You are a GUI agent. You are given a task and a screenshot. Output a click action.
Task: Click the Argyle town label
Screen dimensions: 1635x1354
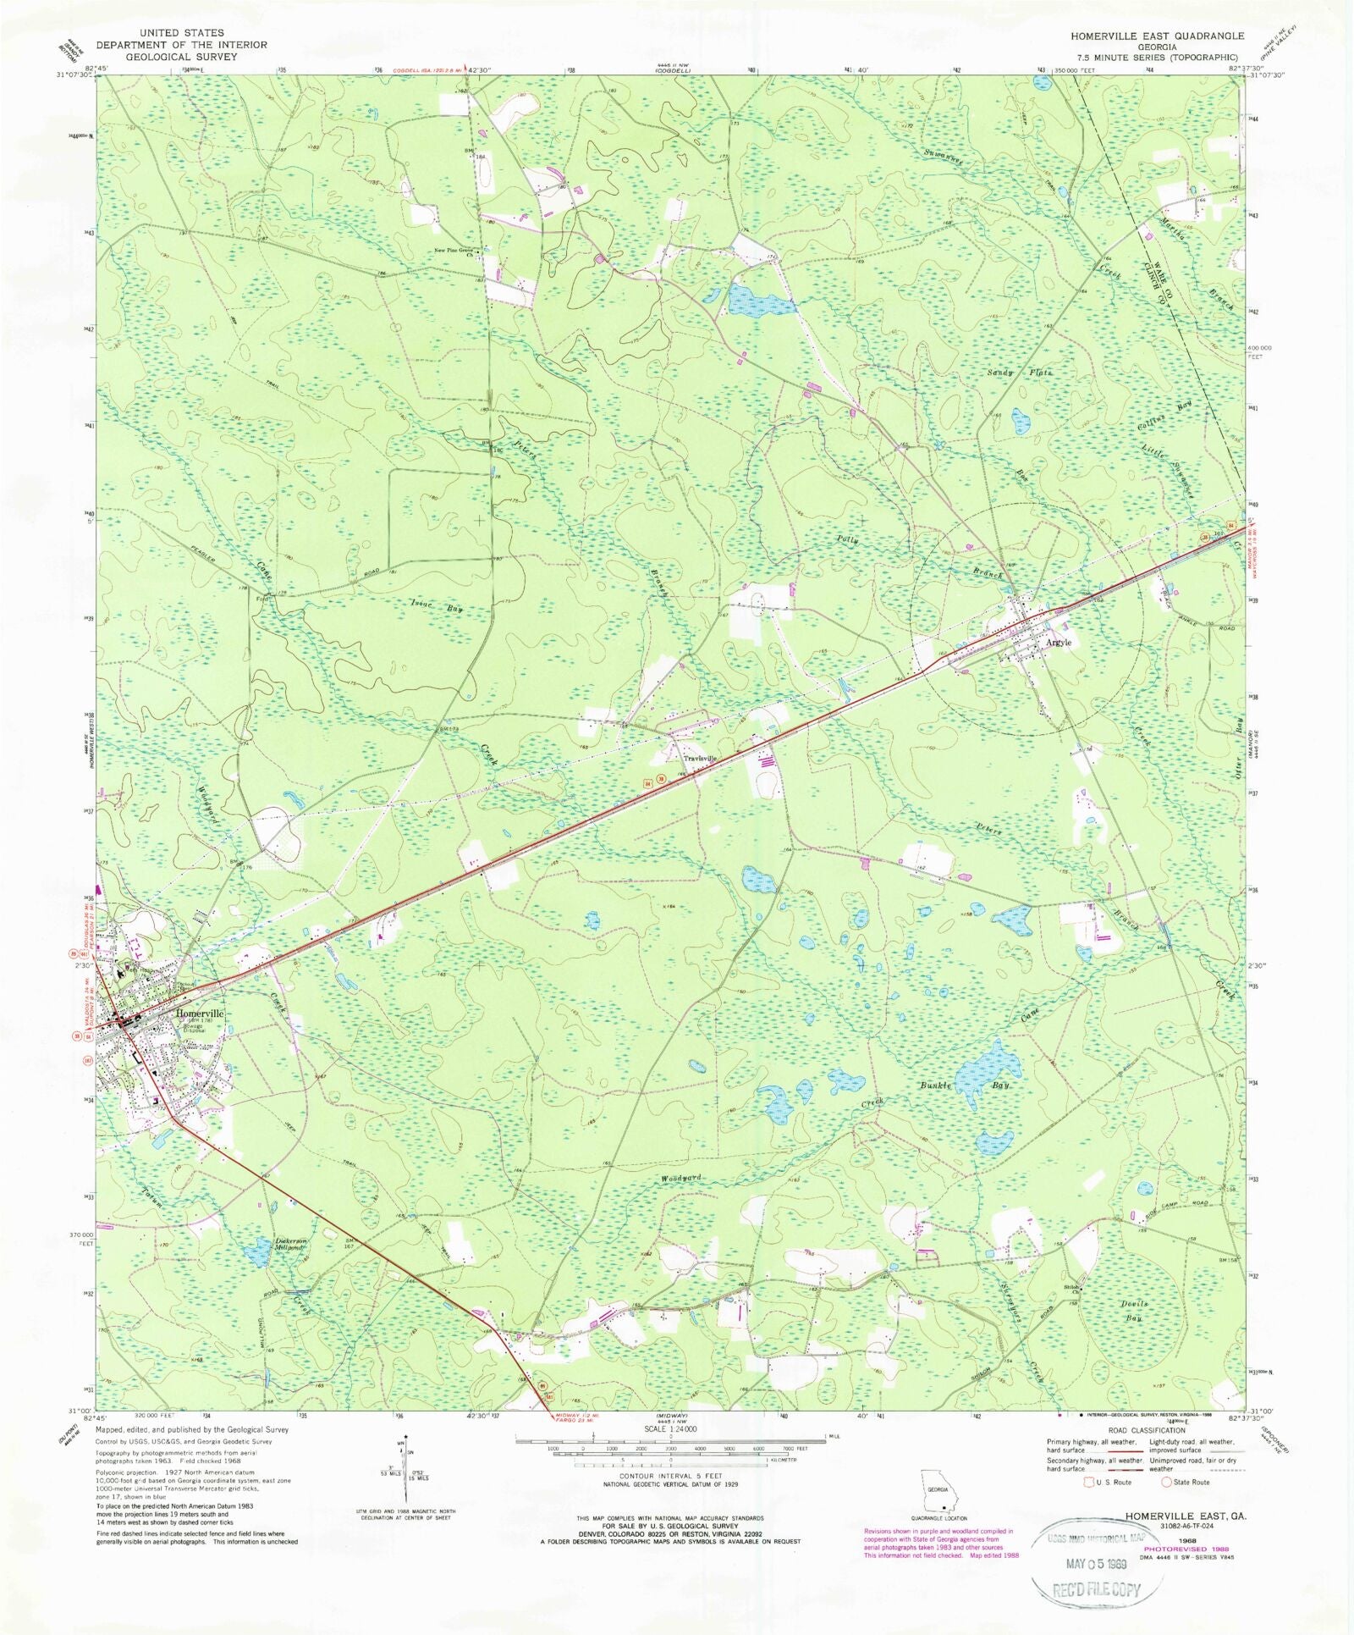click(1058, 643)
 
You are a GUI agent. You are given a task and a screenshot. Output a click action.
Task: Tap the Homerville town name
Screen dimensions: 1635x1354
click(200, 1014)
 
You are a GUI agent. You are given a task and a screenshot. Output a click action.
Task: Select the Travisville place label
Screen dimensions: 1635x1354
click(700, 759)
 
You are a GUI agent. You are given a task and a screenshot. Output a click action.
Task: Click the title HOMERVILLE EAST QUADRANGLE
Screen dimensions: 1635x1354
click(1157, 36)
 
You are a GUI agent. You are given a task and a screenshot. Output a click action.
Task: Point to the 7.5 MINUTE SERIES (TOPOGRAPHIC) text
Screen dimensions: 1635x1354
click(1157, 57)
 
